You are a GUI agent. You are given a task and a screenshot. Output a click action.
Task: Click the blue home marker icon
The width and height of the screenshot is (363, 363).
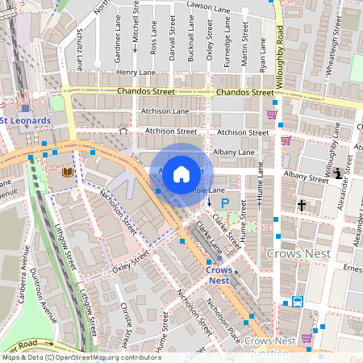tap(181, 173)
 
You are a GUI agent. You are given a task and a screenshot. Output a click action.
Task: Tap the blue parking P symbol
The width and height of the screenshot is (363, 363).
tap(226, 202)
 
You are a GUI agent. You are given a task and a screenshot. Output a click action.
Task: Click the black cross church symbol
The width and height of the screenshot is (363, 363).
tap(302, 206)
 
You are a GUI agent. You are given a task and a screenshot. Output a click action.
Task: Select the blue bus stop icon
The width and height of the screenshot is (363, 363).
tap(297, 302)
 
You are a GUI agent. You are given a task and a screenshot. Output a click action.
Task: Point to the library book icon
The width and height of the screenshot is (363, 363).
tap(67, 173)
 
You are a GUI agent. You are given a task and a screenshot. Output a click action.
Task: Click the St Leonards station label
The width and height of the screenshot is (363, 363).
tap(26, 121)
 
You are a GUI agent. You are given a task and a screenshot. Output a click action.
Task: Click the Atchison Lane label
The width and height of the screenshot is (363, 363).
tap(165, 111)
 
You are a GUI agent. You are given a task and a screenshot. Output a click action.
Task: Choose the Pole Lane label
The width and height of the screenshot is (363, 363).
tap(208, 190)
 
